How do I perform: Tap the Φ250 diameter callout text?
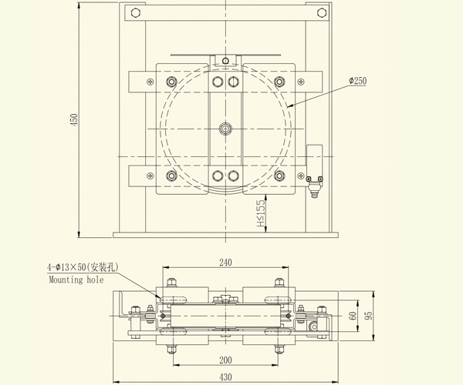[x=362, y=81]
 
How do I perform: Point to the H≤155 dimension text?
[x=262, y=209]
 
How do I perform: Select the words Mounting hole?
[x=76, y=280]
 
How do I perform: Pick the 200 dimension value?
[x=225, y=360]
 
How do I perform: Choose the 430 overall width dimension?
[x=225, y=376]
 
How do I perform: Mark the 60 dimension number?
[x=353, y=316]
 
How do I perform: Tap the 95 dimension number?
[x=370, y=316]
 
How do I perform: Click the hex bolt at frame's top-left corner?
[x=136, y=13]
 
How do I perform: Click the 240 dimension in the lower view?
[x=225, y=263]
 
